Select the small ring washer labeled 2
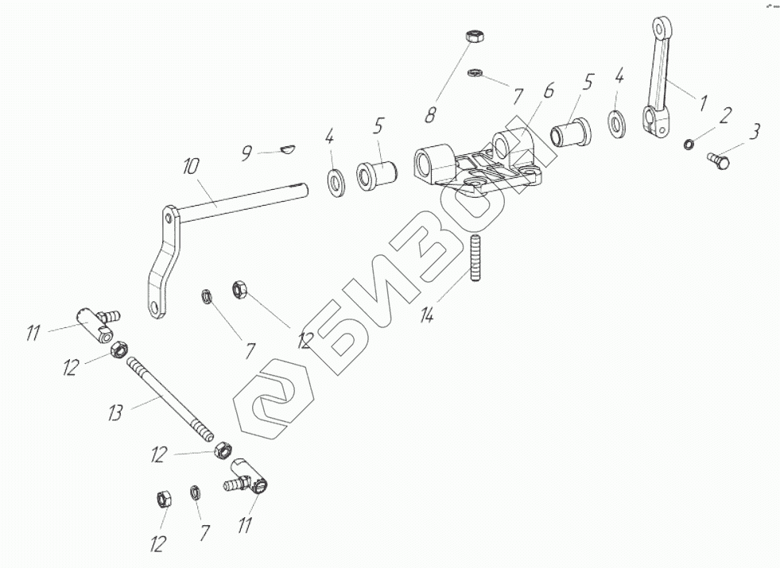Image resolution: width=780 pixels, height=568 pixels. (689, 145)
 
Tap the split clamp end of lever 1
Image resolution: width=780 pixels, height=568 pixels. (656, 119)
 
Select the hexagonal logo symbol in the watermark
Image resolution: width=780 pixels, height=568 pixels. (273, 400)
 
